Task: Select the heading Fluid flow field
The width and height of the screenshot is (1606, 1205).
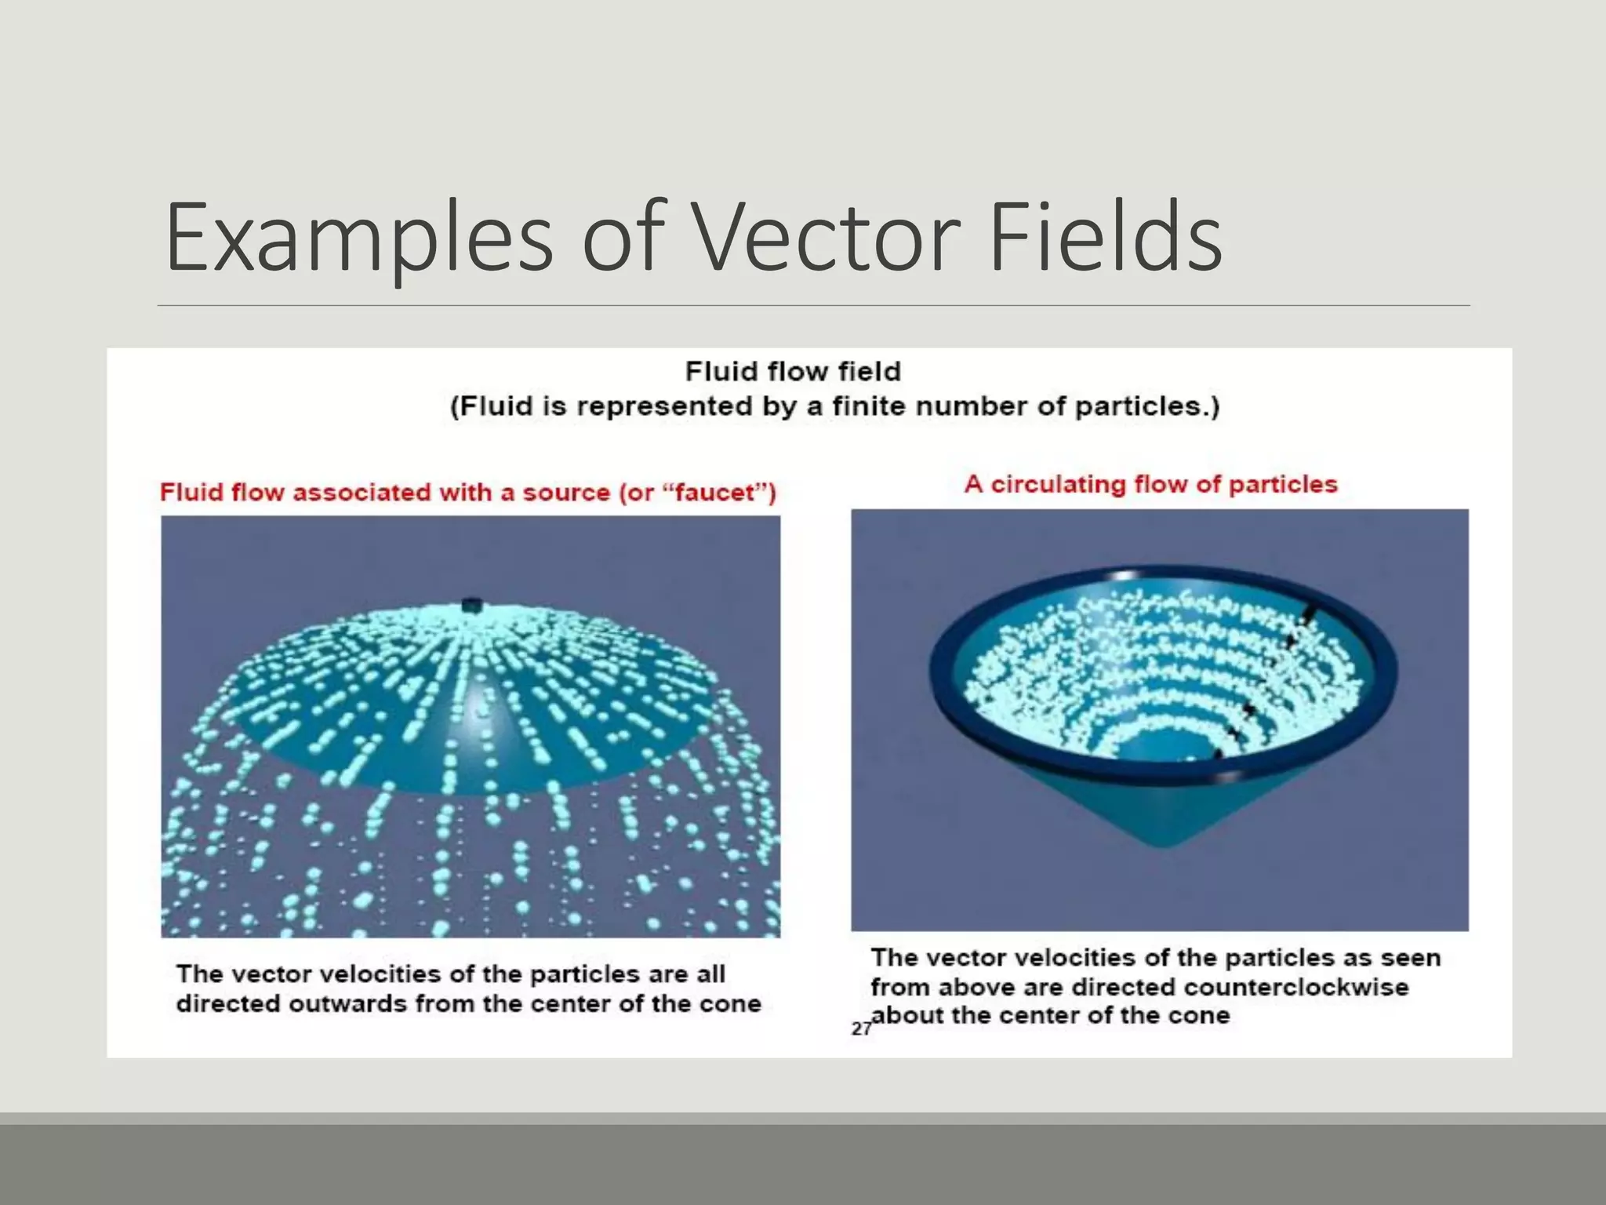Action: coord(793,371)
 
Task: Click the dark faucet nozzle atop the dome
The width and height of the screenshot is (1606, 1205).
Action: coord(471,605)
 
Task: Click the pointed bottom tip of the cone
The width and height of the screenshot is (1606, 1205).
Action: coord(1166,843)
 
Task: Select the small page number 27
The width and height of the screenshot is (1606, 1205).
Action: coord(860,1028)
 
